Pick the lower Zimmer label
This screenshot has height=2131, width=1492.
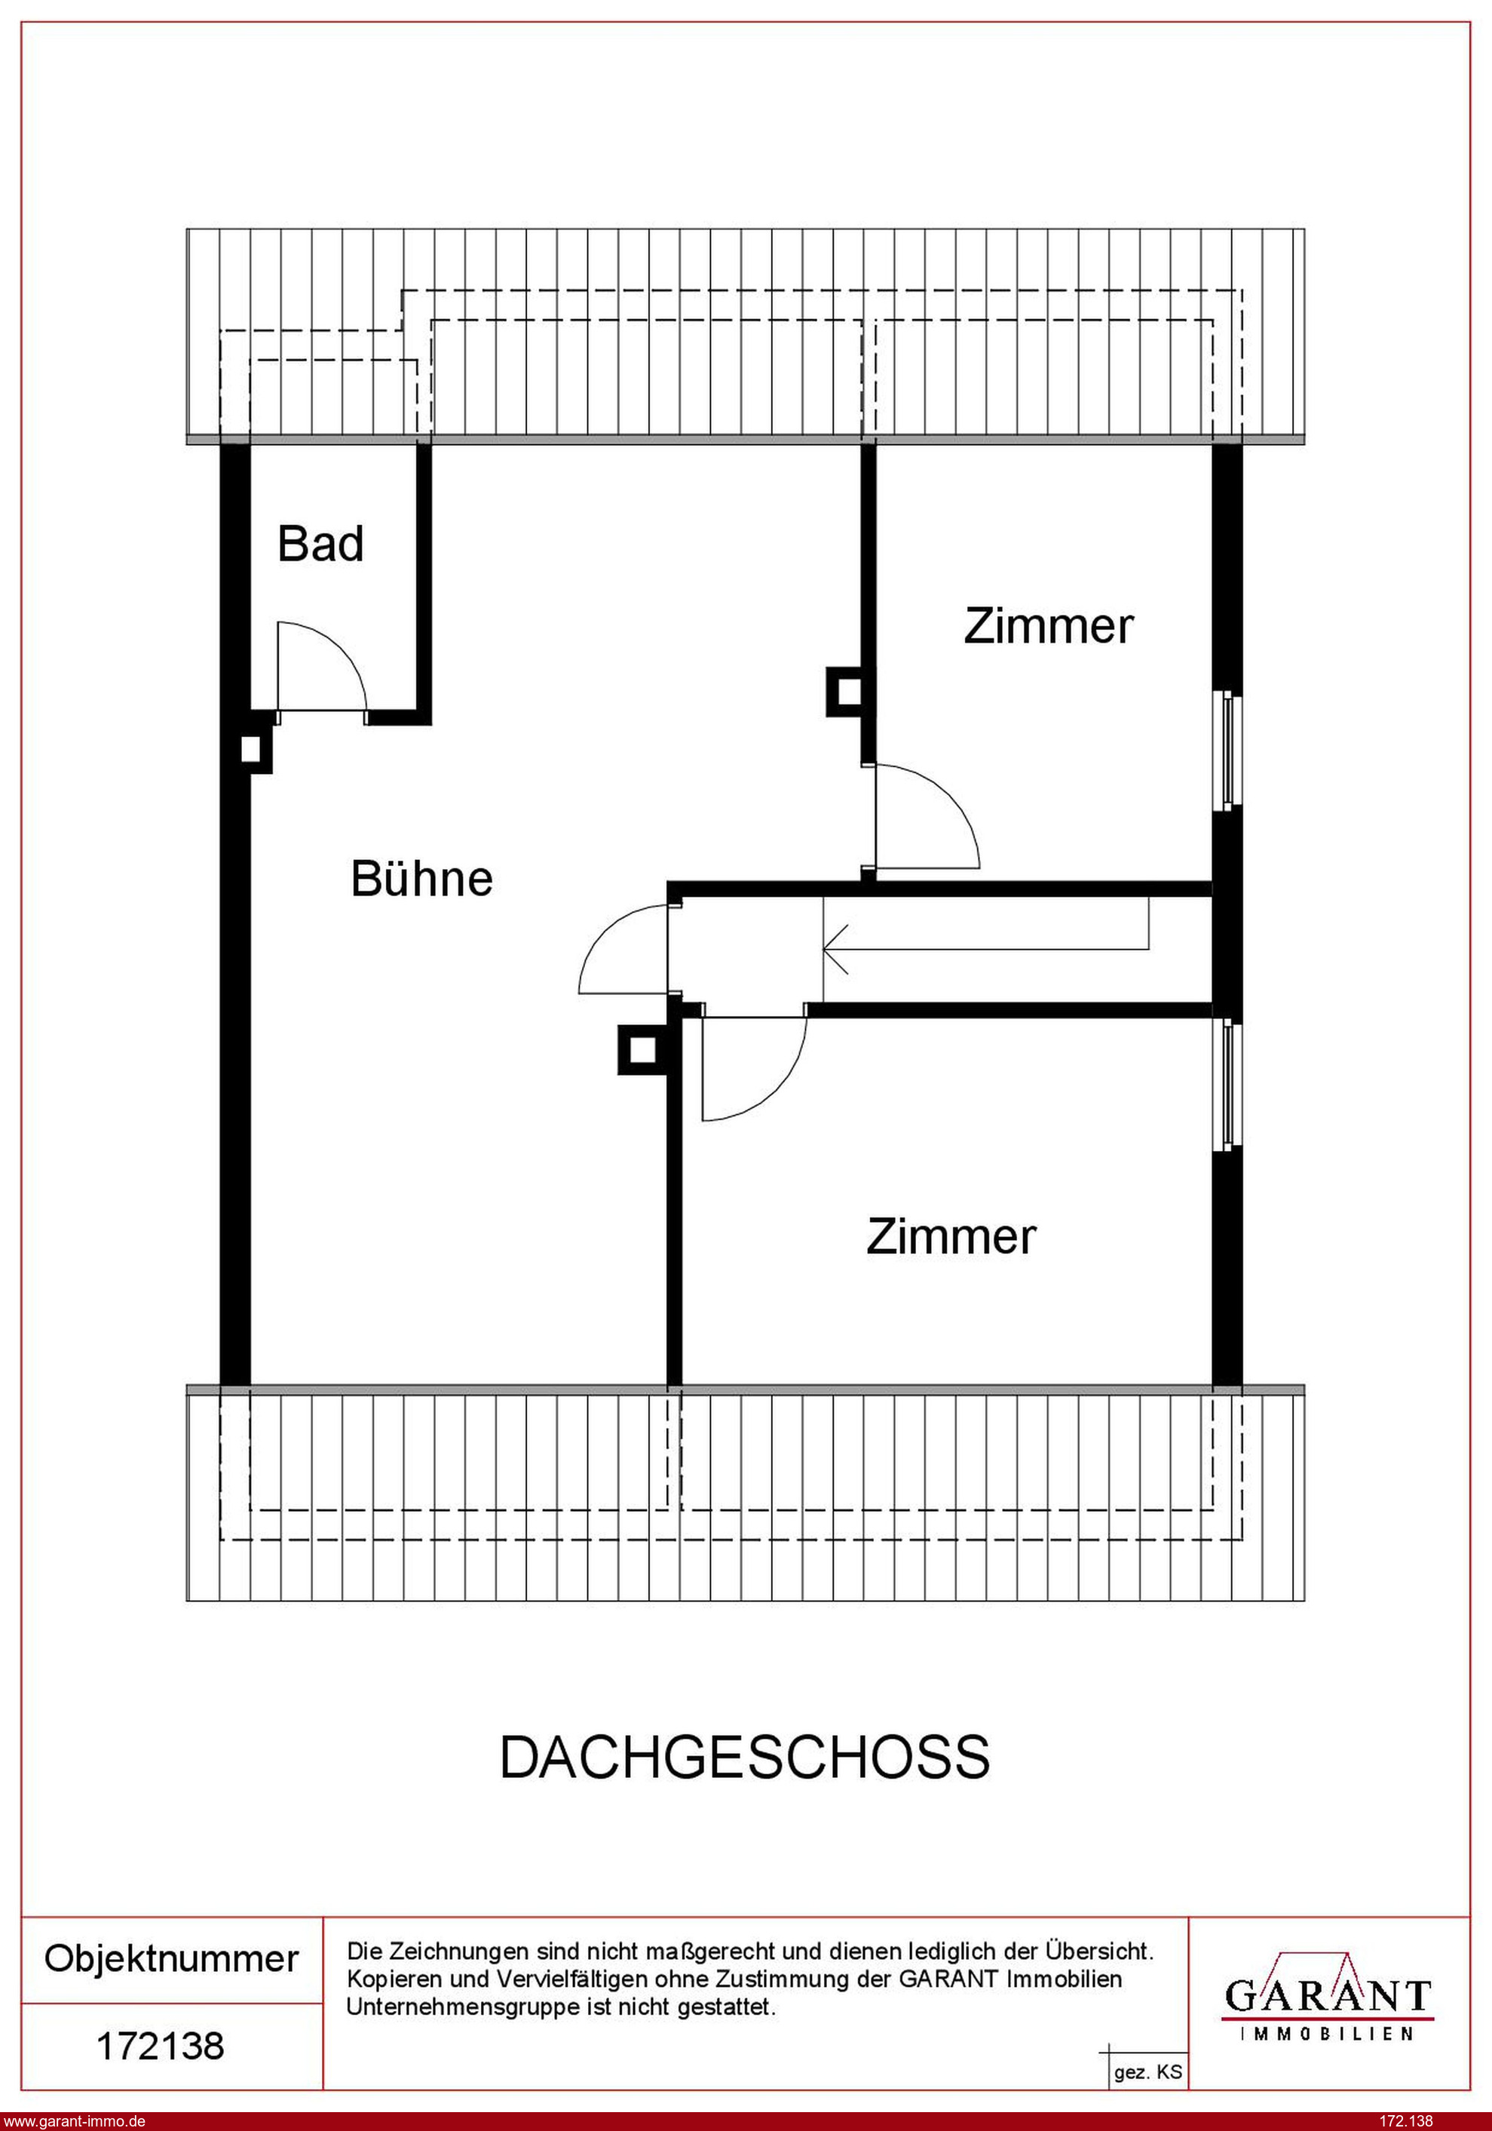[951, 1236]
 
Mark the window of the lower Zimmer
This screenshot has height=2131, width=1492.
[1227, 1084]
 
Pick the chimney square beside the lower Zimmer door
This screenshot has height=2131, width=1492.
[639, 1050]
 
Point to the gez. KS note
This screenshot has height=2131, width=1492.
[1147, 2071]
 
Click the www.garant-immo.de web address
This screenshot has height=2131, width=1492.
[74, 2120]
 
